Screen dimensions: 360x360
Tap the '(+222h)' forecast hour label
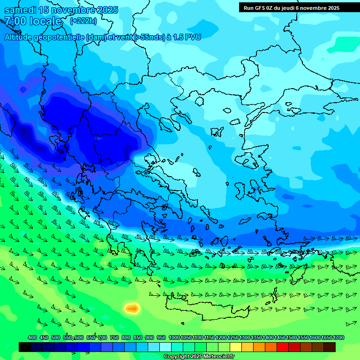83,21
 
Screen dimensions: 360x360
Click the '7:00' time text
15,21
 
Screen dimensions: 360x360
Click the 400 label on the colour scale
32,338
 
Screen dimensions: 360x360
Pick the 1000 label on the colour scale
174,338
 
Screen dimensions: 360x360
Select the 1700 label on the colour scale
338,338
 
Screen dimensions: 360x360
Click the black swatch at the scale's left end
25,347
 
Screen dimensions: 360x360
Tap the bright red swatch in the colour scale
283,347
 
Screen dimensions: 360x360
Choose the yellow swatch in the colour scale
236,347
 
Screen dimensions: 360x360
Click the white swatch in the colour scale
165,347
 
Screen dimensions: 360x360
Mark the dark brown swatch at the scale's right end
330,347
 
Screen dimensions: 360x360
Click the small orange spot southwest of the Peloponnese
132,308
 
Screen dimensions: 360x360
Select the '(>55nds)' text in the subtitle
147,37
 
